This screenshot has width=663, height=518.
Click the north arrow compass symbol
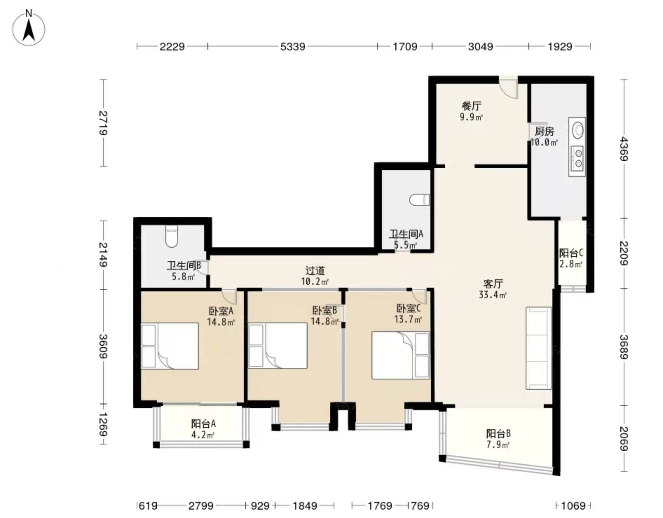point(29,28)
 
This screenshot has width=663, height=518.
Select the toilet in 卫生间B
point(171,236)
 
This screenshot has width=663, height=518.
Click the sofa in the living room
point(539,348)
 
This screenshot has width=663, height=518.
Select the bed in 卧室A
point(170,346)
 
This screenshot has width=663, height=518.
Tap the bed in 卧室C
point(401,355)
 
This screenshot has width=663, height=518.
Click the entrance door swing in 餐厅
point(508,88)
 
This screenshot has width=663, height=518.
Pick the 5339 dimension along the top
point(293,47)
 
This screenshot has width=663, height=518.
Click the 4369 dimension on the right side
point(624,149)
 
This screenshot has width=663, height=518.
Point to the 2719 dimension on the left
point(103,123)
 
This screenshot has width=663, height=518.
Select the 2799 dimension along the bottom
point(201,506)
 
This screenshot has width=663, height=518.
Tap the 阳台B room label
point(498,434)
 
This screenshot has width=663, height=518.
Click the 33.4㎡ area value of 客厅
point(493,295)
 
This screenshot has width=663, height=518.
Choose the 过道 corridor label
point(315,271)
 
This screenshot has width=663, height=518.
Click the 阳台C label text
point(571,253)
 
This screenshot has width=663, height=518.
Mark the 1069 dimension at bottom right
point(573,506)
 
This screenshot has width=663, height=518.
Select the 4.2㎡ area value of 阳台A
point(203,435)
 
